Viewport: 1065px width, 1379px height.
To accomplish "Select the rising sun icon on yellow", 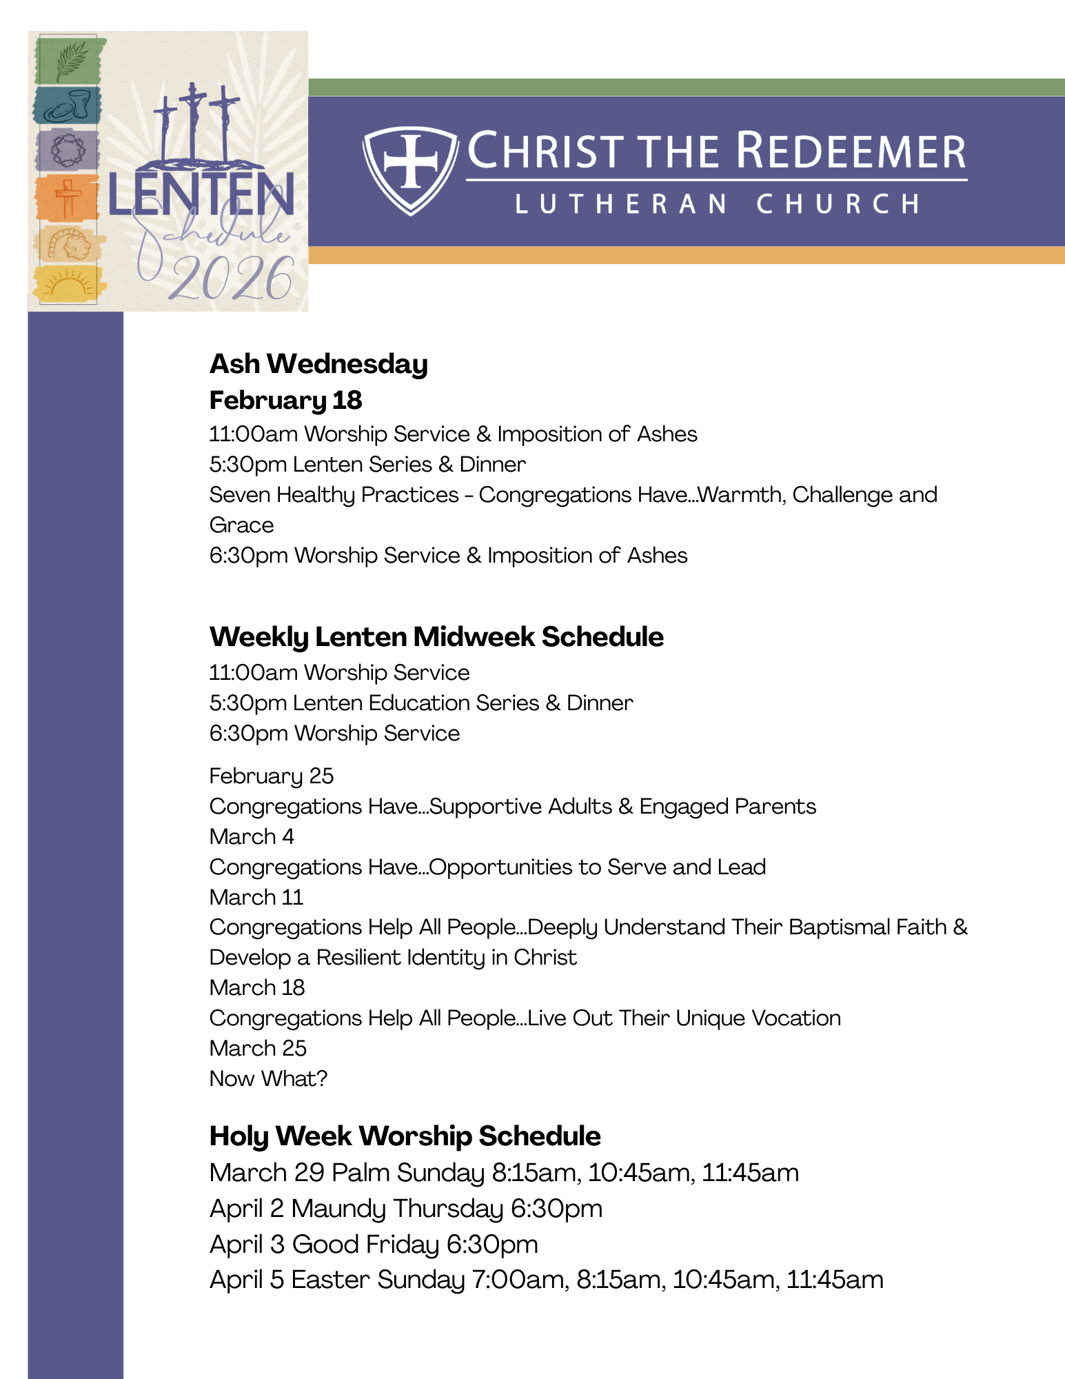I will (x=68, y=283).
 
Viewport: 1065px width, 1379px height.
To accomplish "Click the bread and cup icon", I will (x=68, y=105).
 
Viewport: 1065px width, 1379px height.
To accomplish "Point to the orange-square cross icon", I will (x=68, y=197).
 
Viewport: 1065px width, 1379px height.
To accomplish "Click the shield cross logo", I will (x=411, y=170).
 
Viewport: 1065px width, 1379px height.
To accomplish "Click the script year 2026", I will (x=231, y=279).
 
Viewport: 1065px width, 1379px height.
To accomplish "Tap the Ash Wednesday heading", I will (x=318, y=364).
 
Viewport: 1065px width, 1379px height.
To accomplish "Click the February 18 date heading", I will (x=285, y=400).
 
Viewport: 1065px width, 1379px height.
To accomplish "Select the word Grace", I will (x=241, y=525).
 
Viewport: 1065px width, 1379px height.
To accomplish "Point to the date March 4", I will (x=252, y=836).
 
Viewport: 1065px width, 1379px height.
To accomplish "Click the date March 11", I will (x=256, y=897).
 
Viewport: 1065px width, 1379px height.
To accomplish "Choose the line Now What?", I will (x=268, y=1078).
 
